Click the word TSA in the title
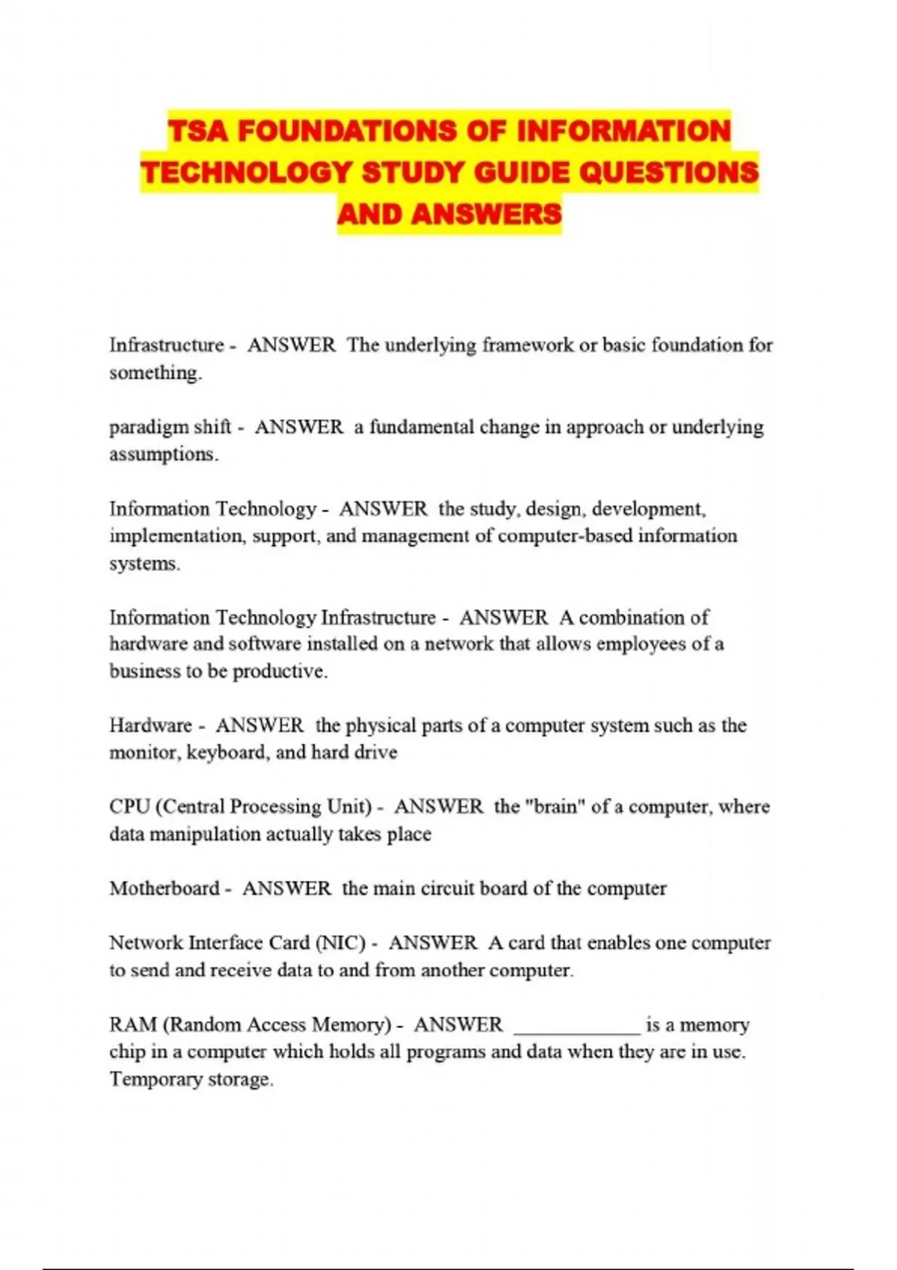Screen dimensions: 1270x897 point(199,131)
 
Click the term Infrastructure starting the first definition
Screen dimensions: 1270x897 point(167,345)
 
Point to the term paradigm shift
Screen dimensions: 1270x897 point(170,427)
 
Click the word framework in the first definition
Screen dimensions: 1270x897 point(528,345)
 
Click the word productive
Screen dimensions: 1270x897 point(280,671)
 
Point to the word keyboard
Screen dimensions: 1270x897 point(226,752)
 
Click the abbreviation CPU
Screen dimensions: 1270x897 point(130,807)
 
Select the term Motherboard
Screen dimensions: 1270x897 point(164,888)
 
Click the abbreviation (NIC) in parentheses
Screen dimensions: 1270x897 point(341,943)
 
